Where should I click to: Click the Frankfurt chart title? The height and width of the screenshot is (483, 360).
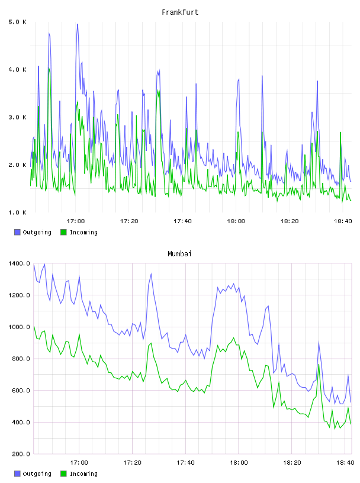pos(180,12)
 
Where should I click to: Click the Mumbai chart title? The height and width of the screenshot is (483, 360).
pos(179,254)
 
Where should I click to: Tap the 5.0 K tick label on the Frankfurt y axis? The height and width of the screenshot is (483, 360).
pos(18,22)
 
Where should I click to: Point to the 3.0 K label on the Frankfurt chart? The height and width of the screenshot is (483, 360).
pos(18,117)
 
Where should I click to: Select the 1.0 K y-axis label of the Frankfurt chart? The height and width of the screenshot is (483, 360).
pos(18,212)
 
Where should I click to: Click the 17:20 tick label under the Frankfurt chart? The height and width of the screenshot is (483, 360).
pos(129,221)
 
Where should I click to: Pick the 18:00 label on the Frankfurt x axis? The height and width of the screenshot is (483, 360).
pos(236,221)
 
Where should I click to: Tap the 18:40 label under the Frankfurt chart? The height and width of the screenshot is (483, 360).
pos(343,221)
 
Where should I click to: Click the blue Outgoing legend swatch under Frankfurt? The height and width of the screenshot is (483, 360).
pos(17,232)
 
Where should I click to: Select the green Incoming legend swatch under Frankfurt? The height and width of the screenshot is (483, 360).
pos(63,232)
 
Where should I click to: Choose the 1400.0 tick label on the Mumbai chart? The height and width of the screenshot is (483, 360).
pos(19,263)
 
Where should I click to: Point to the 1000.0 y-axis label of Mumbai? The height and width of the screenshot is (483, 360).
pos(19,327)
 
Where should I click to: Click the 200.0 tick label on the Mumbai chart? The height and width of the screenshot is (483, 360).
pos(21,454)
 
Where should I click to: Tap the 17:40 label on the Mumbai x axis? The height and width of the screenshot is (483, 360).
pos(185,463)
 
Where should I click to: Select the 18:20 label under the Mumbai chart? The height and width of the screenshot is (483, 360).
pos(292,463)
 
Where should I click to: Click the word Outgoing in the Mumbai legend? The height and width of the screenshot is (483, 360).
pos(37,474)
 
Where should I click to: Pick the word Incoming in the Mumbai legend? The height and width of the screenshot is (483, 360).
pos(83,474)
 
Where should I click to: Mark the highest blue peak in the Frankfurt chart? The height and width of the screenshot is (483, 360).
pos(78,24)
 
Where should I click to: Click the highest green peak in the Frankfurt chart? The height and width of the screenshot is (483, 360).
pos(49,68)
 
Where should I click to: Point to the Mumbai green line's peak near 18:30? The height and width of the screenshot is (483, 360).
pos(319,365)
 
